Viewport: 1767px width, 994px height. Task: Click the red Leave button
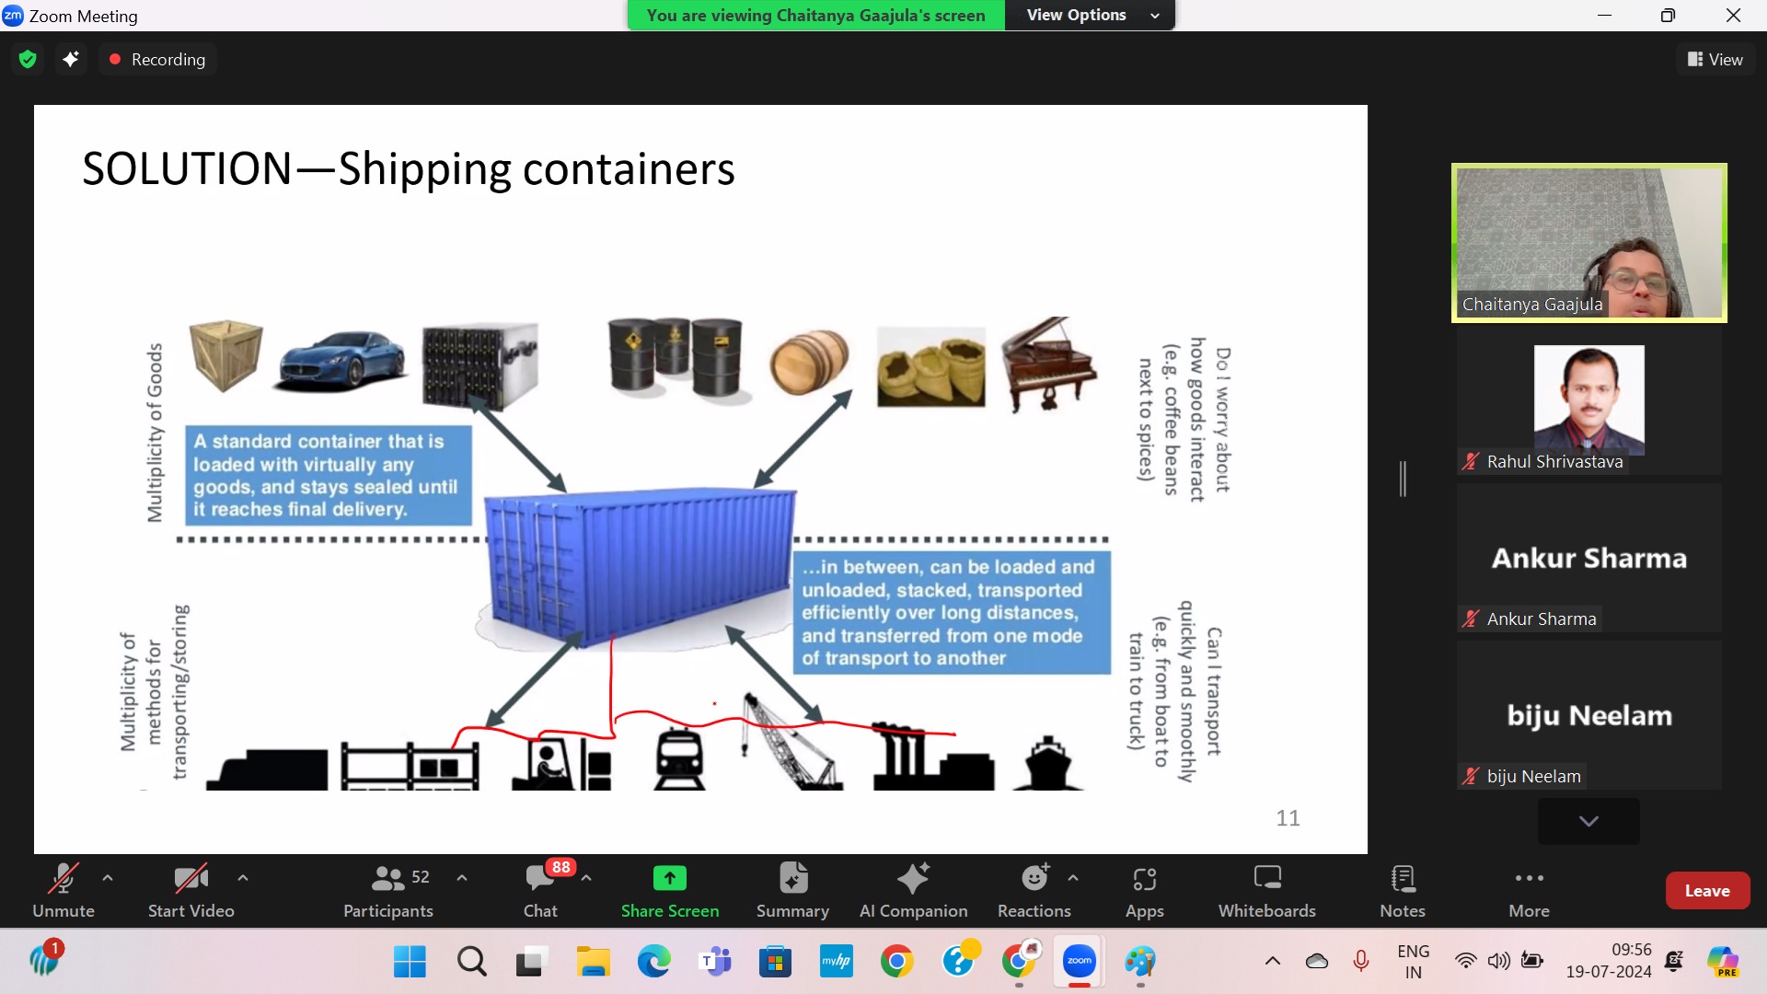click(x=1707, y=890)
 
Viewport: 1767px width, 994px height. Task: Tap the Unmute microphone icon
click(x=63, y=879)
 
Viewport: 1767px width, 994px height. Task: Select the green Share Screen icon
click(x=669, y=879)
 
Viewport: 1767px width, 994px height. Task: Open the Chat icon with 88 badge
click(x=540, y=879)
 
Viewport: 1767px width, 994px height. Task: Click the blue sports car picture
click(x=341, y=360)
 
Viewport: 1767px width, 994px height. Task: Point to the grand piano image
click(x=1050, y=364)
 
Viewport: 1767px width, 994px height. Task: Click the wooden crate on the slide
click(x=225, y=355)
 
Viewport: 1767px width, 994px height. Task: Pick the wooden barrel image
click(x=809, y=362)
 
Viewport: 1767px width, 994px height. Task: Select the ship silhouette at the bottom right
click(x=1047, y=763)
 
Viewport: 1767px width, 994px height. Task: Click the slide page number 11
click(x=1288, y=818)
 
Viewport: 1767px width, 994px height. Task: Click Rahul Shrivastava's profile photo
click(x=1588, y=398)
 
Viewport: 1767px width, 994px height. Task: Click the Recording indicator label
click(x=167, y=60)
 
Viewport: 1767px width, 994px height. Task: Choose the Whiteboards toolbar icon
click(x=1267, y=879)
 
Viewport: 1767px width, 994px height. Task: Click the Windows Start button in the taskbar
click(x=410, y=962)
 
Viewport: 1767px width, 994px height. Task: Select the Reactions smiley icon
click(x=1034, y=879)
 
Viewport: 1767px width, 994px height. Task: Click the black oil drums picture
click(x=676, y=358)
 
